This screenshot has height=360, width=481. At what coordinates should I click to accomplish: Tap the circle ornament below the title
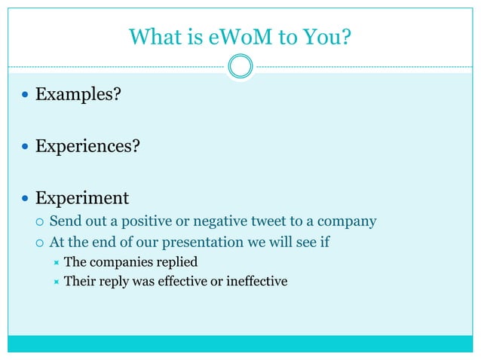240,66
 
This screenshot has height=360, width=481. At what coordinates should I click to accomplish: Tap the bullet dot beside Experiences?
26,146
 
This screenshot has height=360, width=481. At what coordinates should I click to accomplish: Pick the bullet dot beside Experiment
26,199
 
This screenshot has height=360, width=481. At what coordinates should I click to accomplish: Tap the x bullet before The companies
56,263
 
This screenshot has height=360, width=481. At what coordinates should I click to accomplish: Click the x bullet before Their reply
56,282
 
